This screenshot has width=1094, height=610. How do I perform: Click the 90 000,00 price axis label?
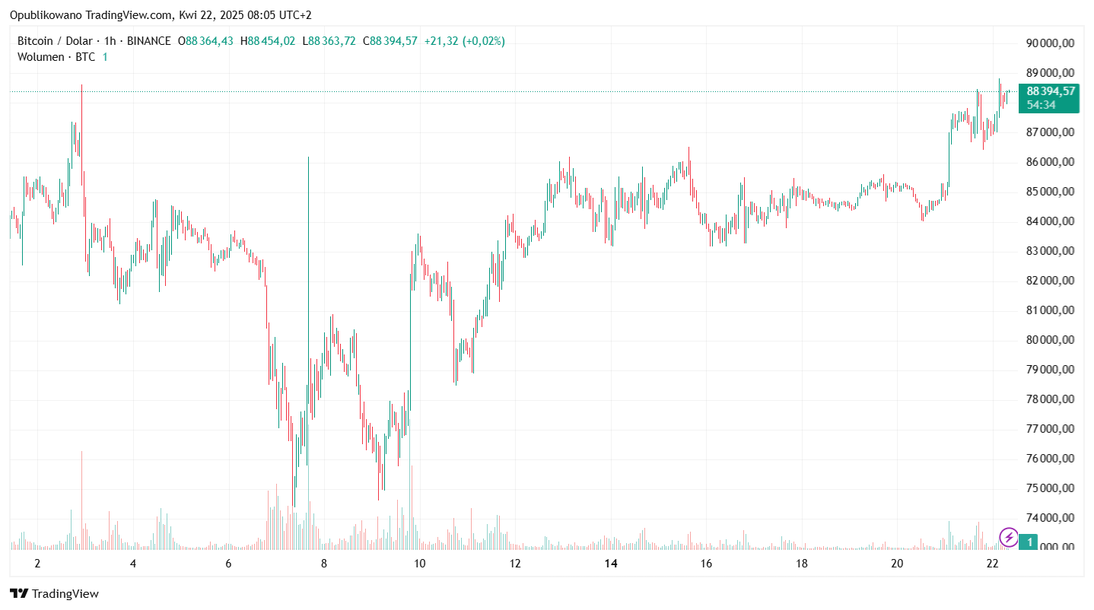pos(1050,43)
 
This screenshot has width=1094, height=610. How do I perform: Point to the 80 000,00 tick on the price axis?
pos(1050,340)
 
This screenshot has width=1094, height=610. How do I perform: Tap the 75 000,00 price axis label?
pos(1050,488)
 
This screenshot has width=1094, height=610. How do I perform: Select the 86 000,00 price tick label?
pos(1050,162)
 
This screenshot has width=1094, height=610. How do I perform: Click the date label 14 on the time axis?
pos(610,564)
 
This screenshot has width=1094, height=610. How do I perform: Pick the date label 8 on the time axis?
pos(324,564)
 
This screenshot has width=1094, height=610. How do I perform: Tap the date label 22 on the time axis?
pos(992,564)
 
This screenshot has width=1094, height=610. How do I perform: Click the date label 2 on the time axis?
pos(37,564)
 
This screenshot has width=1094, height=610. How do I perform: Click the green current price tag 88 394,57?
pos(1051,91)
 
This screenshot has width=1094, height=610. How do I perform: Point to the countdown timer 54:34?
pos(1041,105)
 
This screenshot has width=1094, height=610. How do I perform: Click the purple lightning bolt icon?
pos(1009,538)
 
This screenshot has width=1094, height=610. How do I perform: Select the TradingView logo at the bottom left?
pos(54,593)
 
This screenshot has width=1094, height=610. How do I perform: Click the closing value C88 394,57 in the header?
pos(390,41)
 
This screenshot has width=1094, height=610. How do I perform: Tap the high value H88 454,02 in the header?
pos(268,41)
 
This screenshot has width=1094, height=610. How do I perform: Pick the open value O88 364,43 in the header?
pos(205,41)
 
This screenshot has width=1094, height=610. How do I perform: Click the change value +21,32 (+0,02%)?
pos(464,41)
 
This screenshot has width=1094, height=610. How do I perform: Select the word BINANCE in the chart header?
pos(148,41)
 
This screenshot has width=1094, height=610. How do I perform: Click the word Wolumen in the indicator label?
pos(41,57)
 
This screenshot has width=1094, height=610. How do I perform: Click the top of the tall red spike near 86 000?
pos(308,157)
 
